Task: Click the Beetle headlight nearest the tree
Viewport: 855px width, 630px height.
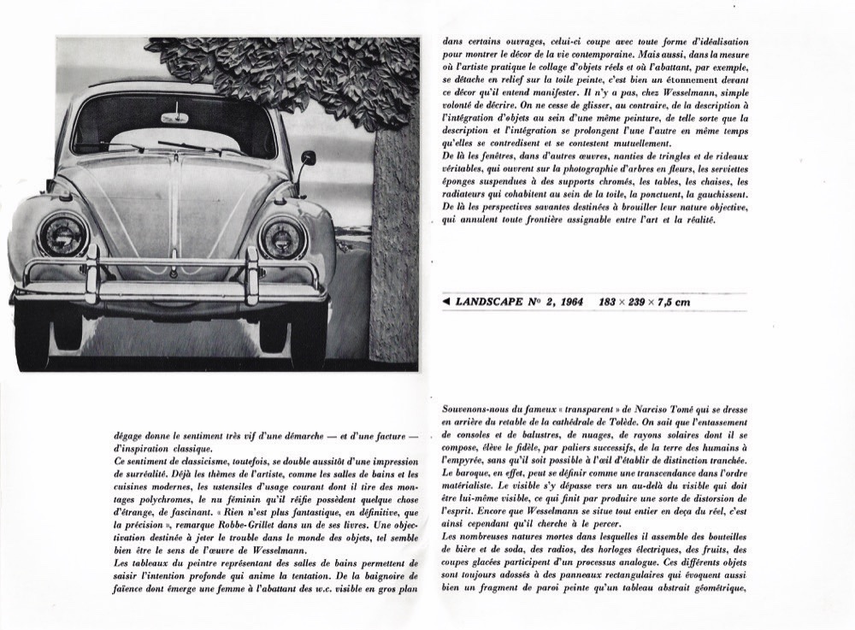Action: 282,237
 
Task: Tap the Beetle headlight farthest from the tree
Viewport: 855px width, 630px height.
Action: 63,236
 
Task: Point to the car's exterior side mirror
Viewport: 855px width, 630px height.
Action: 308,158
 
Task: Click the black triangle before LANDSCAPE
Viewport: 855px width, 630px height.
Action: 448,302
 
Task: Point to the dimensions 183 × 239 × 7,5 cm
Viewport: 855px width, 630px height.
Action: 645,302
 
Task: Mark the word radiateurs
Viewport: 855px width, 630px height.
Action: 471,194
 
